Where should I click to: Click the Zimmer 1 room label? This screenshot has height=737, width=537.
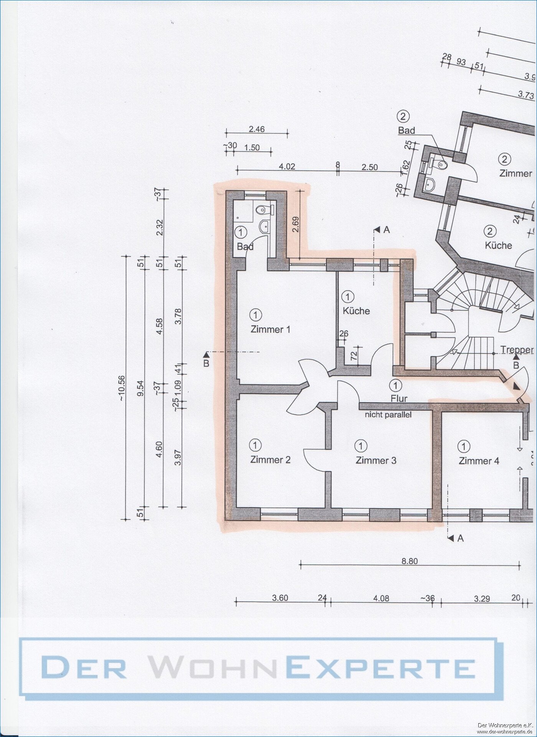click(x=270, y=329)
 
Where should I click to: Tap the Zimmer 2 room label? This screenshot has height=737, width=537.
click(x=270, y=459)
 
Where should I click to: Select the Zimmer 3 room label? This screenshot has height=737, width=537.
click(x=376, y=460)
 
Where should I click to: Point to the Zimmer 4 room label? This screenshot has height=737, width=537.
click(x=479, y=461)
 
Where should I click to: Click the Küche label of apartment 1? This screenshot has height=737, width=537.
click(x=356, y=311)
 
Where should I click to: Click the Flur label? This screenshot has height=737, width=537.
click(x=399, y=398)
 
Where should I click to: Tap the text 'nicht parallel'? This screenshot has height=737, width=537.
click(x=388, y=415)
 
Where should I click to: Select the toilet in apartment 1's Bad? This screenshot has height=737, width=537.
click(x=261, y=210)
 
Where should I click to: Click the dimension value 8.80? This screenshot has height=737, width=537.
click(x=409, y=561)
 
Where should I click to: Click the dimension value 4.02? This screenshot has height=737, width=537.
click(x=287, y=167)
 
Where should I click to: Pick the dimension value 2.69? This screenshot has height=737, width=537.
click(x=295, y=225)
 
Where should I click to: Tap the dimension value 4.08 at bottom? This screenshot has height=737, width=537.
click(x=381, y=598)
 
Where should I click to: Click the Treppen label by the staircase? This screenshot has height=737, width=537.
click(x=517, y=350)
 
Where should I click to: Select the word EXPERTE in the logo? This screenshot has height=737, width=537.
click(x=381, y=668)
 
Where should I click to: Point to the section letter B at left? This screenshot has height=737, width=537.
click(x=206, y=363)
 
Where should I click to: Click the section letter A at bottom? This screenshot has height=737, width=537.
click(x=460, y=539)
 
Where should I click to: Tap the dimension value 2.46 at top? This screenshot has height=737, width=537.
click(x=256, y=129)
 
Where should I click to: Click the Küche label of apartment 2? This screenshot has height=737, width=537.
click(x=498, y=245)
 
